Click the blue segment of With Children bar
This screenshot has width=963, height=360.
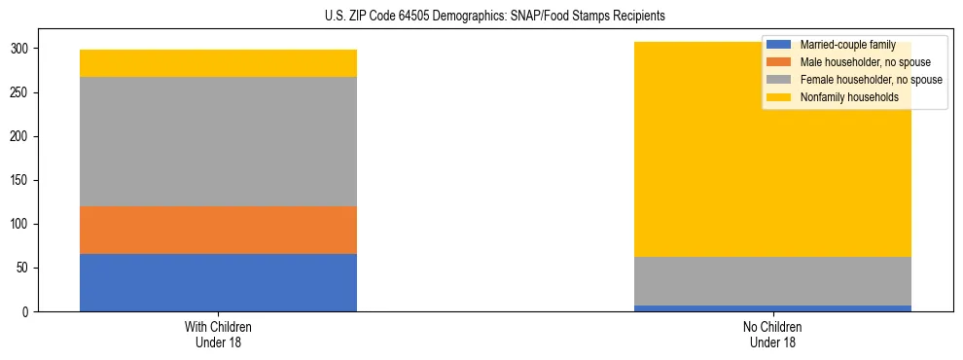pos(218,282)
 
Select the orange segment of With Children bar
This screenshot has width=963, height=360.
pos(218,230)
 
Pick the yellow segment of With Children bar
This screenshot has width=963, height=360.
pos(218,63)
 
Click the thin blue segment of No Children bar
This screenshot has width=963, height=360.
pos(772,308)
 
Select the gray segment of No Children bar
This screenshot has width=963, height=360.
pos(772,281)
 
